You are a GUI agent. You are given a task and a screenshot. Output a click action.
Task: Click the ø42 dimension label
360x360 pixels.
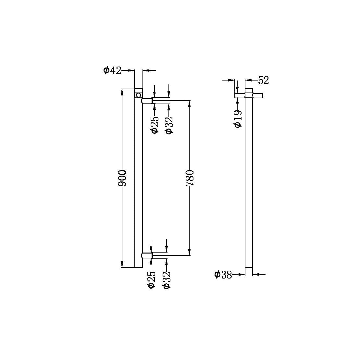click(112, 70)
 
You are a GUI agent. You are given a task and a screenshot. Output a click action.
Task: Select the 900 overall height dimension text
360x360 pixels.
click(122, 178)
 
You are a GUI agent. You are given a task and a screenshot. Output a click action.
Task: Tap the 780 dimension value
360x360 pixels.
click(190, 178)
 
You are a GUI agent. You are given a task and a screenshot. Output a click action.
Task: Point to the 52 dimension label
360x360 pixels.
click(263, 80)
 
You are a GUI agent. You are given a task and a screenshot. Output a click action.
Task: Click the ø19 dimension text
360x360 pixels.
click(238, 119)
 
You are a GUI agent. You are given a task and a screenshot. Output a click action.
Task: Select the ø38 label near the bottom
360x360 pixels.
click(223, 275)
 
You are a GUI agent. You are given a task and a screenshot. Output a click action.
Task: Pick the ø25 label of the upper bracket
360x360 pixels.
click(155, 125)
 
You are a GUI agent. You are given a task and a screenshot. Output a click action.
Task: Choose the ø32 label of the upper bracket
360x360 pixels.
click(169, 125)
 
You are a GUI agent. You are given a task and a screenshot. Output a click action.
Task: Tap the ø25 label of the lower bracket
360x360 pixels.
click(152, 280)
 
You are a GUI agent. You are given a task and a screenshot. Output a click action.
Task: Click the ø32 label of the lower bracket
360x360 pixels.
click(167, 280)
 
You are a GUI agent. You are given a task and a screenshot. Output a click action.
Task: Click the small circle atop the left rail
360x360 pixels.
click(139, 95)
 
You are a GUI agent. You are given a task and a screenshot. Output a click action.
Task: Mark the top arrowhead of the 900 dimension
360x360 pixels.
click(122, 92)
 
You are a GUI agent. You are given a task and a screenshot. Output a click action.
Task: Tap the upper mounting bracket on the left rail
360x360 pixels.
click(147, 101)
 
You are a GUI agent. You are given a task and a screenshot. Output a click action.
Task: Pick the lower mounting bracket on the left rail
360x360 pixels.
click(147, 255)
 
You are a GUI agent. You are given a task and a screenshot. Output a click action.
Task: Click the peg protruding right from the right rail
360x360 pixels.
click(258, 95)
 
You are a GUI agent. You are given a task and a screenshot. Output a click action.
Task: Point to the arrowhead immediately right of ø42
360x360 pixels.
click(131, 70)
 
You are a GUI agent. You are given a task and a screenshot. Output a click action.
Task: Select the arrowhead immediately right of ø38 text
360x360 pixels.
click(242, 275)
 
